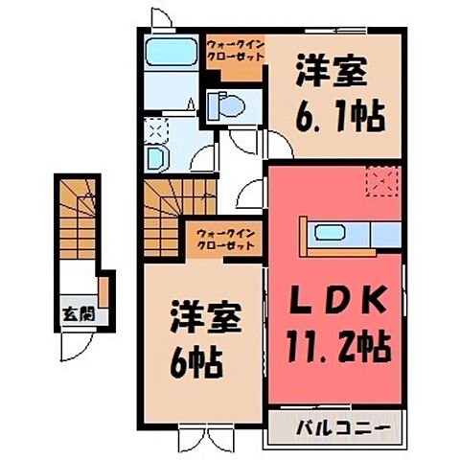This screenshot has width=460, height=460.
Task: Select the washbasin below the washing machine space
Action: pyautogui.click(x=157, y=158)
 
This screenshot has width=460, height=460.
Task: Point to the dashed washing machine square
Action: pyautogui.click(x=155, y=131)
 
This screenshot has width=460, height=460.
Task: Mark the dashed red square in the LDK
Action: pyautogui.click(x=382, y=179)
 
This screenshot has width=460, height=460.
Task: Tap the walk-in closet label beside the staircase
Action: pyautogui.click(x=225, y=238)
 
